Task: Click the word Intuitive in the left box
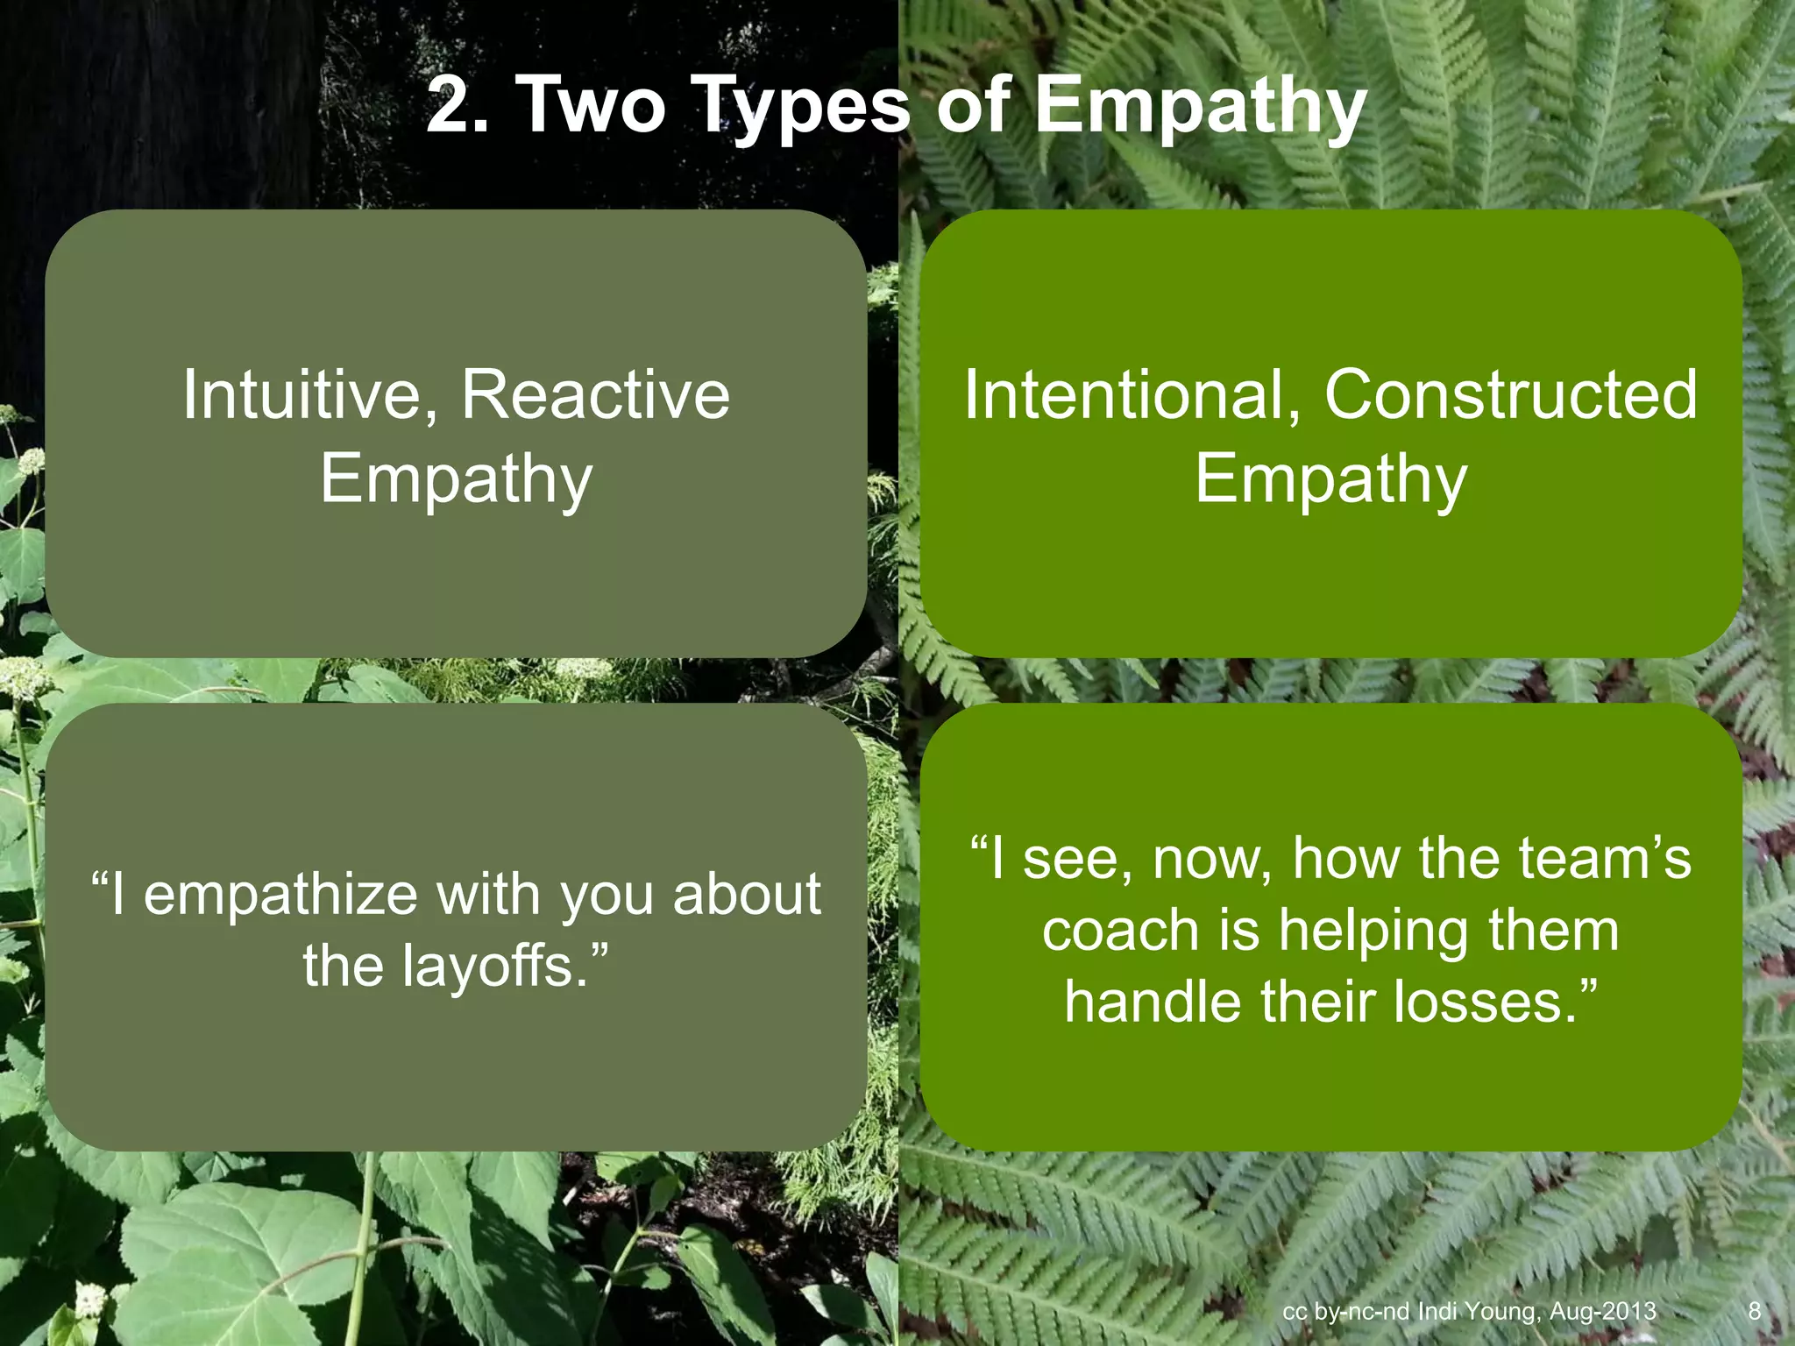(x=302, y=394)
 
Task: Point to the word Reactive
(x=595, y=394)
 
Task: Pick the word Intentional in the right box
(x=1123, y=394)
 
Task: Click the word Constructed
(x=1510, y=394)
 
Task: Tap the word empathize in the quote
(x=280, y=896)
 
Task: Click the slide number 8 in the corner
(x=1754, y=1311)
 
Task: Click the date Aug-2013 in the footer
(x=1603, y=1312)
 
